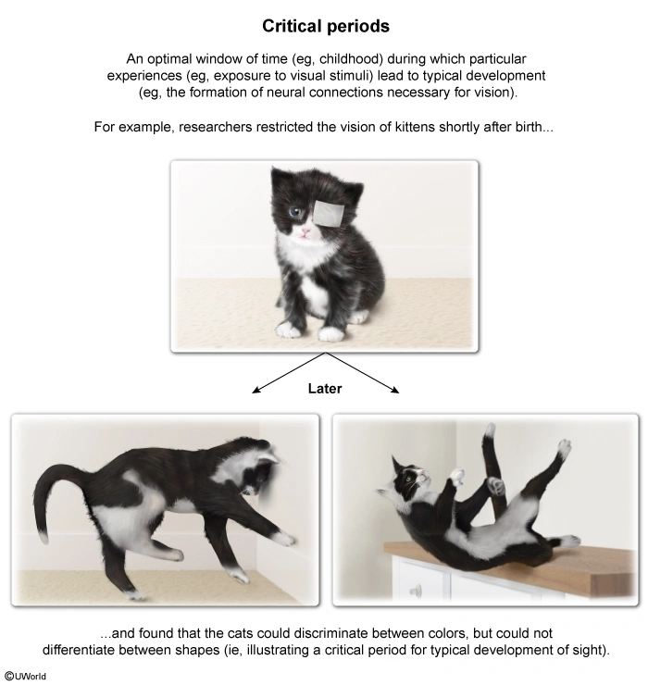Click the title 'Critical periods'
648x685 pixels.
click(x=326, y=26)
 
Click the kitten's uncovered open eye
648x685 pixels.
click(x=296, y=212)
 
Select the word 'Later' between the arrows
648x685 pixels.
click(x=325, y=389)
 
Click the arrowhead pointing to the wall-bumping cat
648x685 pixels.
click(x=255, y=390)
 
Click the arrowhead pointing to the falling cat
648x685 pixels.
click(x=395, y=390)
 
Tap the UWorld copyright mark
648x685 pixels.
click(x=26, y=677)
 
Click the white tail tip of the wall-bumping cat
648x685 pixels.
click(x=43, y=537)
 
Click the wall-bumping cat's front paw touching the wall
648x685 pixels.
click(x=286, y=540)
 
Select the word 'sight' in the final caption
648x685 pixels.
click(x=586, y=650)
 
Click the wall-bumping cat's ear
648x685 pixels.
click(x=268, y=458)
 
